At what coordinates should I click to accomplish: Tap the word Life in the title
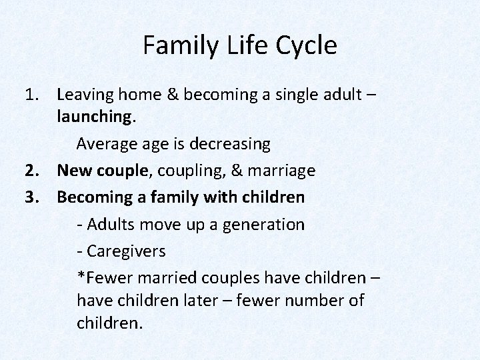(239, 46)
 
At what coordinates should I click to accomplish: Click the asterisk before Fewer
(81, 275)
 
